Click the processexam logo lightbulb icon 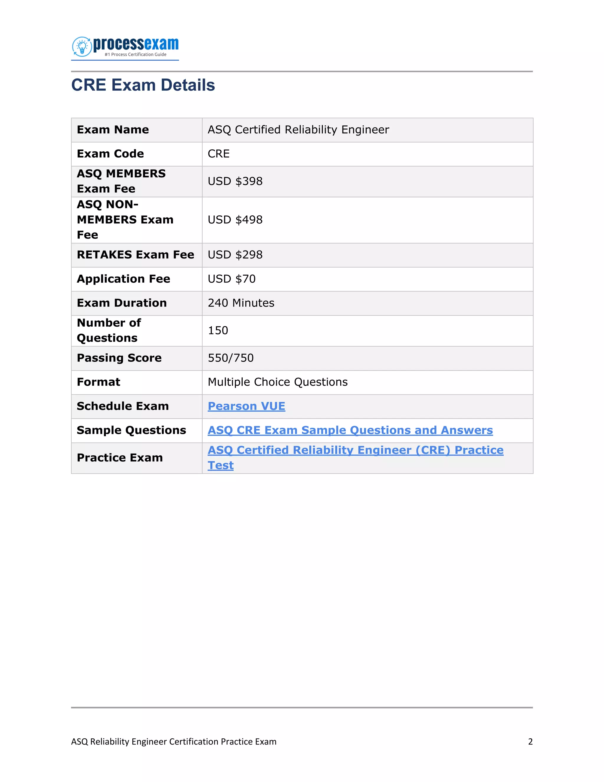tap(82, 46)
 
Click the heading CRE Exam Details tap(143, 85)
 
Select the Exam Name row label tap(113, 130)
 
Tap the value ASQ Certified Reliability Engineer tap(298, 130)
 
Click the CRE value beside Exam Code tap(218, 154)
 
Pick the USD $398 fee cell tap(235, 181)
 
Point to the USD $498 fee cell tap(235, 220)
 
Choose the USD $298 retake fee tap(235, 255)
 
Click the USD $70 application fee tap(232, 279)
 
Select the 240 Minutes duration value tap(241, 303)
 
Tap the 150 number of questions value tap(218, 331)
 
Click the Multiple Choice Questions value tap(277, 382)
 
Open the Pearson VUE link tap(246, 406)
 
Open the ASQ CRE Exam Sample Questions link tap(350, 430)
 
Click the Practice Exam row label tap(119, 458)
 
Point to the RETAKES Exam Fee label tap(135, 255)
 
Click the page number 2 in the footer tap(530, 742)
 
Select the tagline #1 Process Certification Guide tap(135, 54)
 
